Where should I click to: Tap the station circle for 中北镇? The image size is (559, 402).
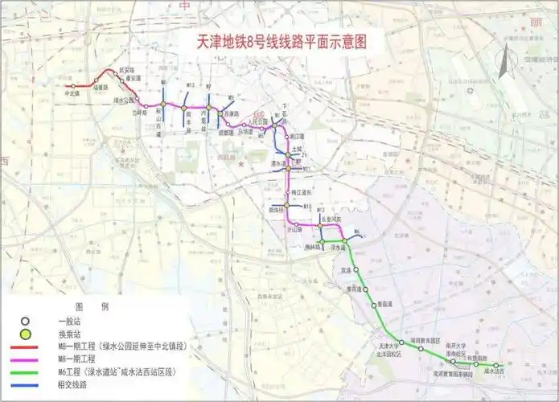73,86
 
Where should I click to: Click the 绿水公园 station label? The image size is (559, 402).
124,100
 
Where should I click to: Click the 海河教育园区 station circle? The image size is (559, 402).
421,349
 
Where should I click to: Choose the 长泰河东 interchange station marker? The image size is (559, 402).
320,226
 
